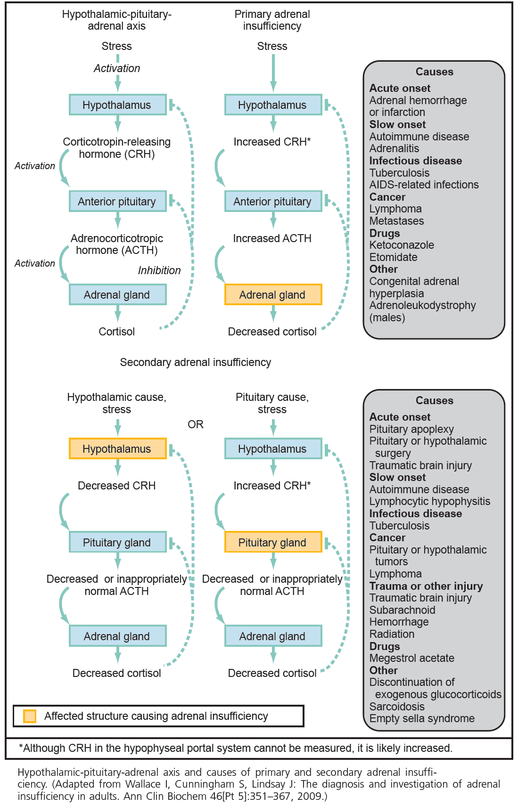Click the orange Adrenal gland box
273,295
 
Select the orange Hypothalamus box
117,449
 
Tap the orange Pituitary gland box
273,542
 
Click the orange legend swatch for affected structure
30,716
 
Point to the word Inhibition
159,270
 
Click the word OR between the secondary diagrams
196,424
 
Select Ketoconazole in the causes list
402,245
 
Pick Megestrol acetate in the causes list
411,658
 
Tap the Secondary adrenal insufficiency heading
195,362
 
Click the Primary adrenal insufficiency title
272,20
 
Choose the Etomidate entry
393,257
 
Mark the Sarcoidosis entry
397,707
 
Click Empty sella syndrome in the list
422,718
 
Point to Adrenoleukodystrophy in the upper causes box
422,305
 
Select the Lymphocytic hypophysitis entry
429,501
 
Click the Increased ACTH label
272,238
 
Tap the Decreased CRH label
116,486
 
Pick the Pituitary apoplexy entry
411,429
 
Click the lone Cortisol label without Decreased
116,332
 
